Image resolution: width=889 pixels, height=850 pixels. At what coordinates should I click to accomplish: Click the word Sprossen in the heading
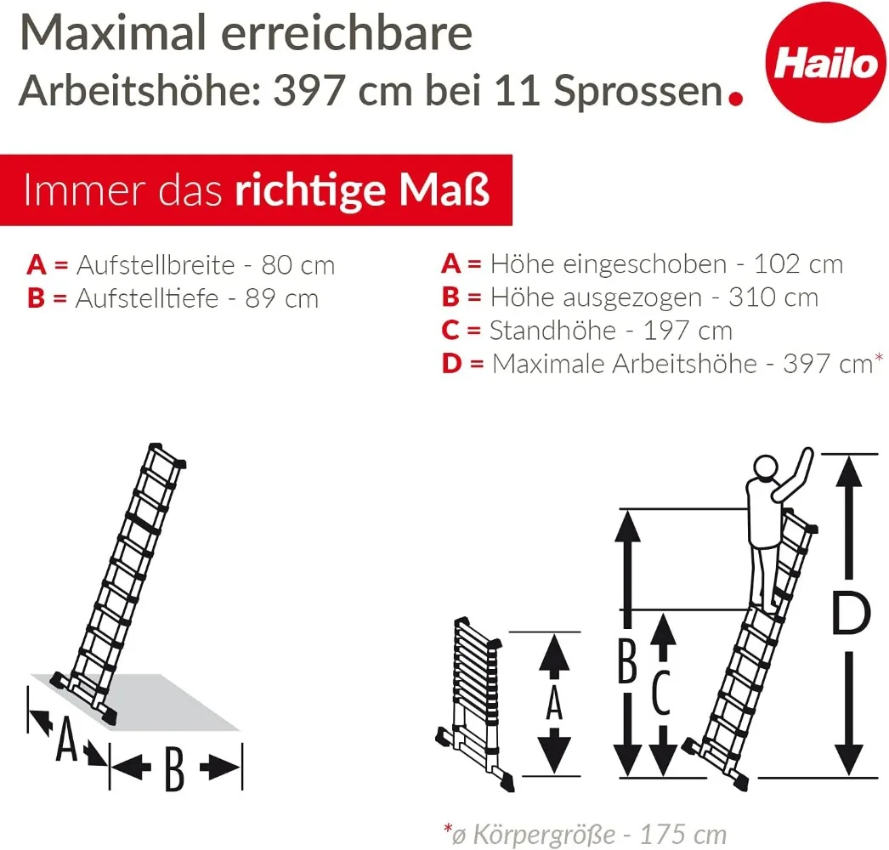(637, 92)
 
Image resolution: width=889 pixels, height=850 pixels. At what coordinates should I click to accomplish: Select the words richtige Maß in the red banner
(362, 190)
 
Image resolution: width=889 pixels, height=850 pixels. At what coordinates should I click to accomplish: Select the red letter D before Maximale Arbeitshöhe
(451, 364)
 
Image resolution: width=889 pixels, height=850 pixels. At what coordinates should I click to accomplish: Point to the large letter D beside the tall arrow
(850, 615)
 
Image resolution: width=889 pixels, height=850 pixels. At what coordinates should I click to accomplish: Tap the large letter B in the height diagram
(626, 663)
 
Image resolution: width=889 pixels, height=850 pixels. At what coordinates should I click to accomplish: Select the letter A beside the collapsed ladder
(554, 703)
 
